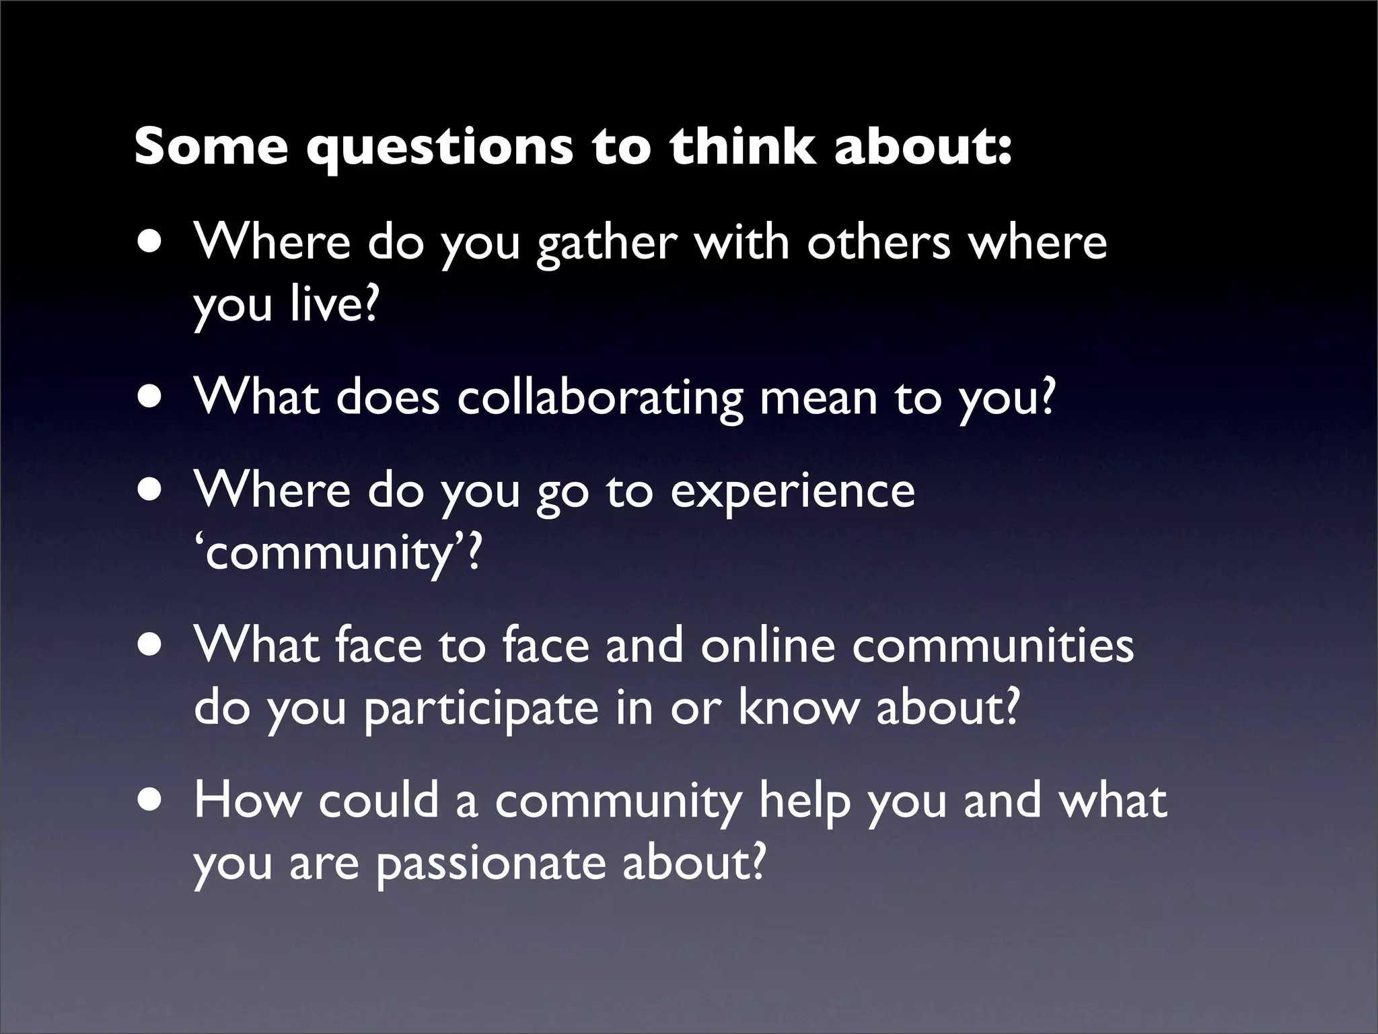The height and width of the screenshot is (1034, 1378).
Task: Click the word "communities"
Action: [993, 645]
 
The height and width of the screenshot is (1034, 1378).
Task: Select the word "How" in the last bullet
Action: [248, 800]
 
